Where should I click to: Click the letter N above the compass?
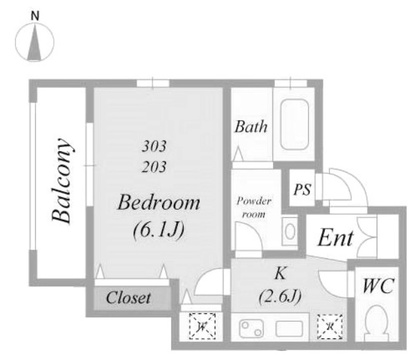coord(35,16)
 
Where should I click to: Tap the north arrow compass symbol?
coord(35,42)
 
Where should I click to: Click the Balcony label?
coord(62,180)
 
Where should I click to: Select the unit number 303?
coord(154,146)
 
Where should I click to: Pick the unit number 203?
coord(154,167)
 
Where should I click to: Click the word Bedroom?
coord(159,202)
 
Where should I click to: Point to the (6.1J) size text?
coord(159,230)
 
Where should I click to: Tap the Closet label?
coord(128,297)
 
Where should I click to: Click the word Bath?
coord(251,127)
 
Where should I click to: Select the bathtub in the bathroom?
coord(294,125)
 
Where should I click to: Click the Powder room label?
coord(254,207)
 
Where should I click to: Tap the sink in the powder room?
coord(290,231)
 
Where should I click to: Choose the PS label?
coord(302,189)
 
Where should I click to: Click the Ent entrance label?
coord(335,238)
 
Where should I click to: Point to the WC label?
coord(378,286)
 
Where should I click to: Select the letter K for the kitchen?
coord(280,273)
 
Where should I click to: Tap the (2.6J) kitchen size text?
coord(280,296)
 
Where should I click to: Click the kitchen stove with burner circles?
coord(252,328)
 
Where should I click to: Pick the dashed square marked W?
coord(202,327)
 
